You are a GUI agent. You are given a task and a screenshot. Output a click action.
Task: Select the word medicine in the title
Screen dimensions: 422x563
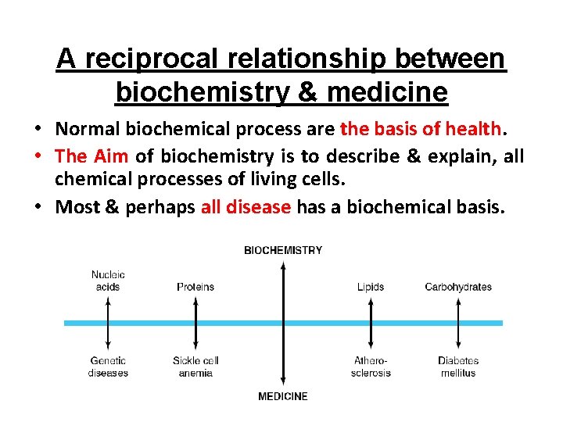[387, 92]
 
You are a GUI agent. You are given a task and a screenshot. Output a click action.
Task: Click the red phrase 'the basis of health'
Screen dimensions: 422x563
[421, 127]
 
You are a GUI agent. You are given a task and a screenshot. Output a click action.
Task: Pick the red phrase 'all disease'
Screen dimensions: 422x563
[246, 207]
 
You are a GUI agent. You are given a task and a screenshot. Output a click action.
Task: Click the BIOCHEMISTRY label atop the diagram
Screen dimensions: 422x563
[283, 250]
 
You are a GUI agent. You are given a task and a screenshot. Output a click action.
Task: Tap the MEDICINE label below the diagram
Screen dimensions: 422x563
[283, 396]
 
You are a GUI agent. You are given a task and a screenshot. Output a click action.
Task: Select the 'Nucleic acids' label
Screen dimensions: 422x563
[108, 281]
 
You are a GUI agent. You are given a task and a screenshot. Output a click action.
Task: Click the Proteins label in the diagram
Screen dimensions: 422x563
[195, 287]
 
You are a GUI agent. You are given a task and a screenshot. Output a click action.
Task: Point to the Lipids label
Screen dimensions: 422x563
[371, 287]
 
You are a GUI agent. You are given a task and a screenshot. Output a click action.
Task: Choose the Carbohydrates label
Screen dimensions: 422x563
[458, 287]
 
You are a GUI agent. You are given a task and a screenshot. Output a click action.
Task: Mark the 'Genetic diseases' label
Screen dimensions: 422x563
[108, 367]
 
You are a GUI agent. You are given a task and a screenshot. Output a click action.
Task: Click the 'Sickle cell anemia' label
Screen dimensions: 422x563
[195, 367]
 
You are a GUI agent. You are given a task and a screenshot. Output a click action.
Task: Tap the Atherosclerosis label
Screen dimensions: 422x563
[371, 367]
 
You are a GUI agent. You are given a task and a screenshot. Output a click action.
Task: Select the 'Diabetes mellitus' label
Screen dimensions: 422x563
[458, 367]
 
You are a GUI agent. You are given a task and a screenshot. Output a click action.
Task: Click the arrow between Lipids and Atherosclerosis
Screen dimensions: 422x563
[371, 323]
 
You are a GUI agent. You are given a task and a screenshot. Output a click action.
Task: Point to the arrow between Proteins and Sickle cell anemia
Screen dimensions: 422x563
[195, 323]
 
